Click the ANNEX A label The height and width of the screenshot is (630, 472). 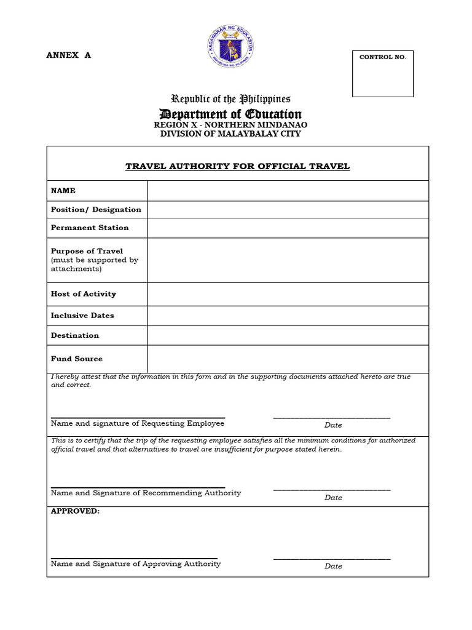tap(68, 55)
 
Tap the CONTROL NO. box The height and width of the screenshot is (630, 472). tap(382, 74)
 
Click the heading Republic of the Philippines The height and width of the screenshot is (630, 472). tap(230, 99)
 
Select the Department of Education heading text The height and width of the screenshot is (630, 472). tap(230, 114)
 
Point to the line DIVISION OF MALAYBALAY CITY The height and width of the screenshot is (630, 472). tap(230, 134)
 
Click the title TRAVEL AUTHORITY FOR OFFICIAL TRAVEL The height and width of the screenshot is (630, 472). tap(237, 166)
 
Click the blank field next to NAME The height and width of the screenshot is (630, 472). tap(287, 191)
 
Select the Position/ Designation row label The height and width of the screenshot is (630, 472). tap(96, 209)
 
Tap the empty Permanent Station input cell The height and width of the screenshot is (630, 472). tap(287, 228)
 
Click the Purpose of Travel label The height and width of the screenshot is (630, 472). tap(87, 251)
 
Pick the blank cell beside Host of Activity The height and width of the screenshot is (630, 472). tap(287, 294)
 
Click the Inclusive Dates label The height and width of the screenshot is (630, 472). tap(82, 316)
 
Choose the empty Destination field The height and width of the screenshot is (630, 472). tap(287, 335)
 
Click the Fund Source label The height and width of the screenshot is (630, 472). tap(77, 359)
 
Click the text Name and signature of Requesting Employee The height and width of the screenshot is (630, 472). tap(138, 423)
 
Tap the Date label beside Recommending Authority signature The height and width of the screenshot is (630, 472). tap(333, 498)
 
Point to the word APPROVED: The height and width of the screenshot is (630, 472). tap(75, 511)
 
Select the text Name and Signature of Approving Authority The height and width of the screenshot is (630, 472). tap(136, 564)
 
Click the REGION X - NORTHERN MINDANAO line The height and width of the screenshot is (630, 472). tap(230, 125)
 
